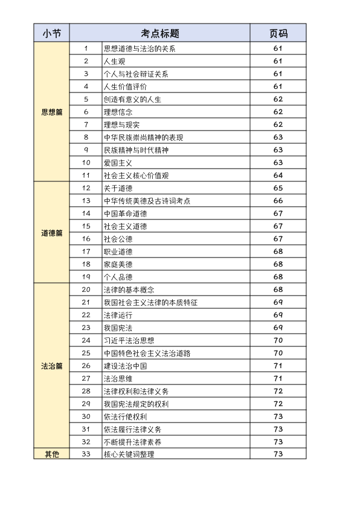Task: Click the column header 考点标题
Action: pos(160,33)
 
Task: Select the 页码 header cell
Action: pos(278,33)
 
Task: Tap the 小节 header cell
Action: pos(52,33)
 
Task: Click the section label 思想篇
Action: pos(52,112)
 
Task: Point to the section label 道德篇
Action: pos(52,233)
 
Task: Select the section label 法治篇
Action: pos(52,366)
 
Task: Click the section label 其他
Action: pos(52,454)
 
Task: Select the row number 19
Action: pos(86,277)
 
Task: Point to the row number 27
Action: pos(86,378)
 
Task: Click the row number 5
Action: pos(86,99)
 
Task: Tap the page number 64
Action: pos(278,175)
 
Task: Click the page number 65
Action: pos(278,188)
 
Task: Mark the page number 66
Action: pos(278,201)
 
